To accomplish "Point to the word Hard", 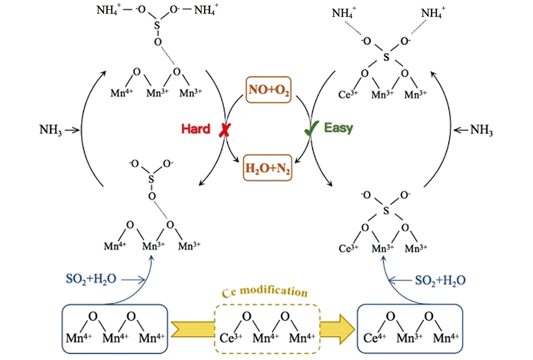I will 195,129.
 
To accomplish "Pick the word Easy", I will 338,128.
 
